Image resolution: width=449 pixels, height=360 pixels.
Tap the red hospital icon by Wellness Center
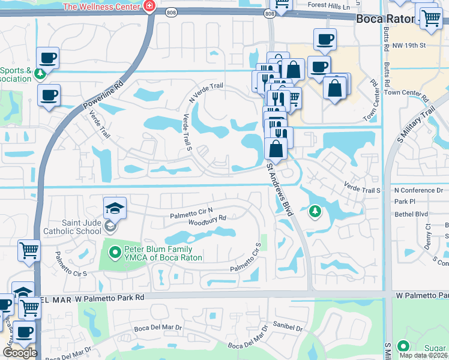coord(148,7)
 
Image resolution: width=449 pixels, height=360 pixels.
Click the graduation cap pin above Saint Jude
coord(115,208)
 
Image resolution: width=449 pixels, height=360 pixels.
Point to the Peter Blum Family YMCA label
coord(158,253)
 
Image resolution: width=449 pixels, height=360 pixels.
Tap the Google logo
coord(20,353)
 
